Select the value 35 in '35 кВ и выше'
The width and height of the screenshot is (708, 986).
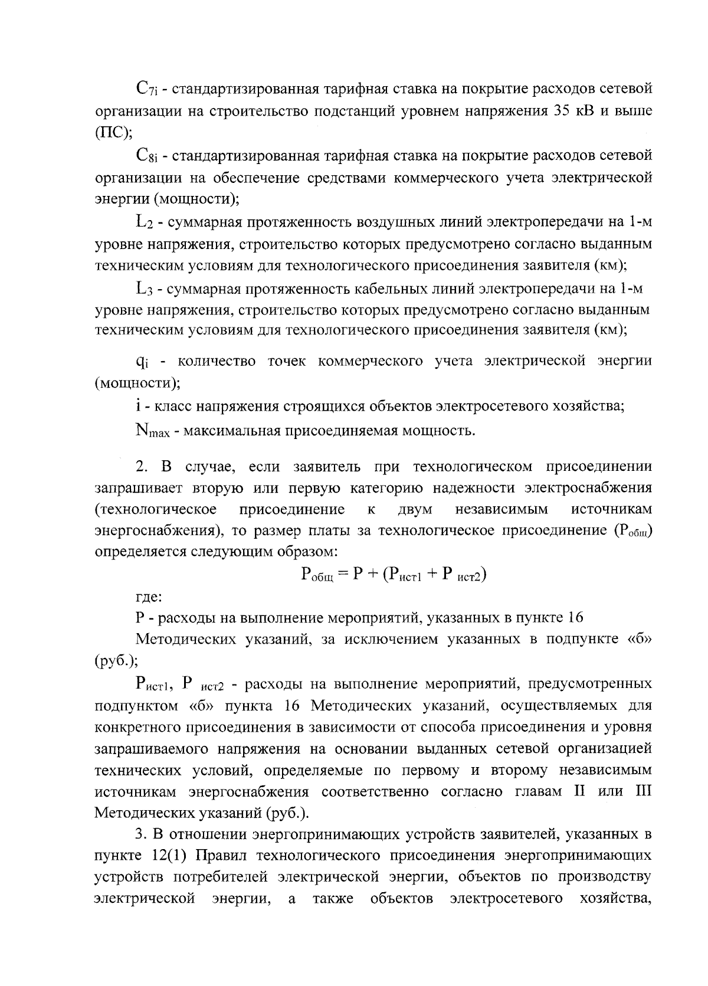pyautogui.click(x=562, y=111)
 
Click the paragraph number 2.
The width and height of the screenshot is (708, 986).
pyautogui.click(x=140, y=467)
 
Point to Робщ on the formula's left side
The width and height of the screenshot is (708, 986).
pyautogui.click(x=317, y=574)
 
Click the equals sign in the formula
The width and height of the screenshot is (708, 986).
pyautogui.click(x=343, y=574)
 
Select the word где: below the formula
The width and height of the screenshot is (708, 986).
pyautogui.click(x=148, y=597)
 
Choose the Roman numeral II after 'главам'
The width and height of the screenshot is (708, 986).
pyautogui.click(x=579, y=791)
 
